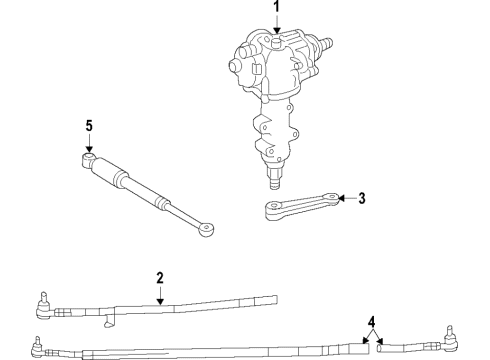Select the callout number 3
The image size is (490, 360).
362,198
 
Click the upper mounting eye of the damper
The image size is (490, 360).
88,158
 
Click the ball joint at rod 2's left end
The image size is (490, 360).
44,301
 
